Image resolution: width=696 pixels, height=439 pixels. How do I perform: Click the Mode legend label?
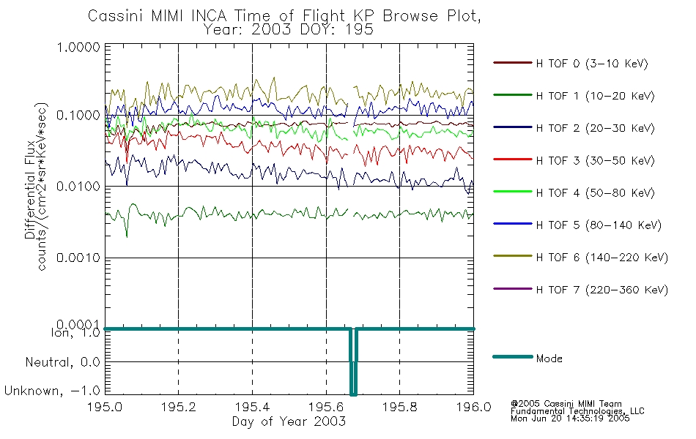pyautogui.click(x=549, y=359)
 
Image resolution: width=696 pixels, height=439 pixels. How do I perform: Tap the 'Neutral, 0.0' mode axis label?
pyautogui.click(x=62, y=362)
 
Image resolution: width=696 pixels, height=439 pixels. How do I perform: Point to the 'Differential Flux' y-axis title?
pyautogui.click(x=31, y=194)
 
